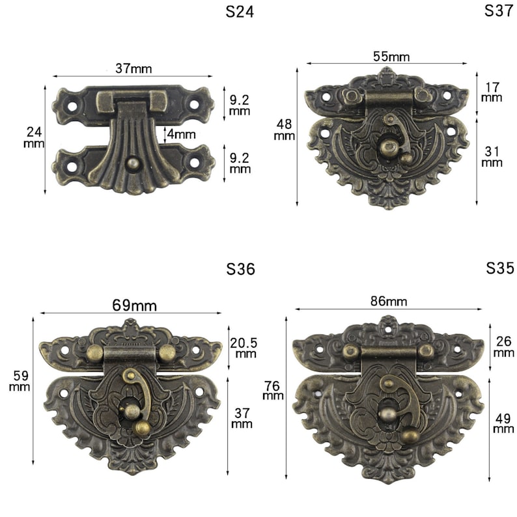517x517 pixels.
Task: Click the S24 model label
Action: point(240,12)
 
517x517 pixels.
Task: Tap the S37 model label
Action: point(499,10)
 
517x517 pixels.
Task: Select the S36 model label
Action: point(240,269)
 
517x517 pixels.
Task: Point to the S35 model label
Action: point(500,268)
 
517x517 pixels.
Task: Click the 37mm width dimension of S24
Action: point(133,68)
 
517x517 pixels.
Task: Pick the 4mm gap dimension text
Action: point(181,134)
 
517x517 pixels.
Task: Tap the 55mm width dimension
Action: point(391,57)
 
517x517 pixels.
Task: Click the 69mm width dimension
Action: point(135,305)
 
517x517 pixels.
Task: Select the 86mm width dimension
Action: point(389,301)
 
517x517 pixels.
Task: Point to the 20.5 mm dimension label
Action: point(244,348)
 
